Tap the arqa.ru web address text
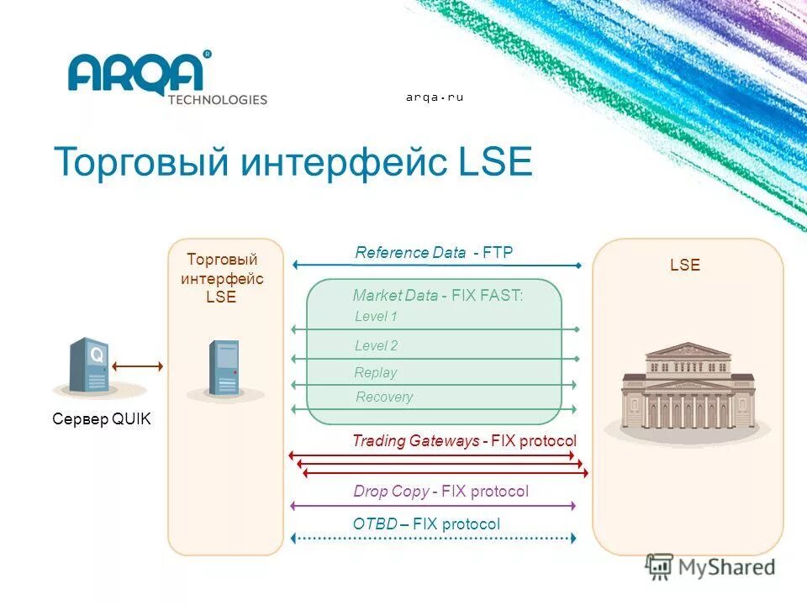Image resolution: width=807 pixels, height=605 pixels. coord(435,97)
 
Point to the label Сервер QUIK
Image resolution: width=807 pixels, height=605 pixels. coord(102,419)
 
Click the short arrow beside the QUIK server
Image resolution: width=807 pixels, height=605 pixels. coord(137,366)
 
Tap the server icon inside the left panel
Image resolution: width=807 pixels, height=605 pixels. coord(224,368)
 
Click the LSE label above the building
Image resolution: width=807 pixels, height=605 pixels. coord(685,266)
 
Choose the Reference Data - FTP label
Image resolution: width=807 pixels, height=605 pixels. coord(434,252)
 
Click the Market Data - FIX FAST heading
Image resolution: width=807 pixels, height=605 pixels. coord(438,296)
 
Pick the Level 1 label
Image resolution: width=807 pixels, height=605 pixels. coord(376,317)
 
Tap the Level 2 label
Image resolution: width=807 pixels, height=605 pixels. coord(376,345)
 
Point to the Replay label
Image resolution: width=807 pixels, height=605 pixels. coord(375,372)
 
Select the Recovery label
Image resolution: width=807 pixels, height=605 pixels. coord(384,397)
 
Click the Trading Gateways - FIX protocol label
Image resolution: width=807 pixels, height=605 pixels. coord(464,441)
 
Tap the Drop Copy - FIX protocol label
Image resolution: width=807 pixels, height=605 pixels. coord(440,492)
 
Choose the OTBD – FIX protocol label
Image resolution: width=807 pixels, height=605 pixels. coord(426,524)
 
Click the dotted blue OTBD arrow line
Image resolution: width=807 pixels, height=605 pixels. coord(433,538)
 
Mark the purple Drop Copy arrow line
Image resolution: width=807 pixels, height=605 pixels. coord(433,506)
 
